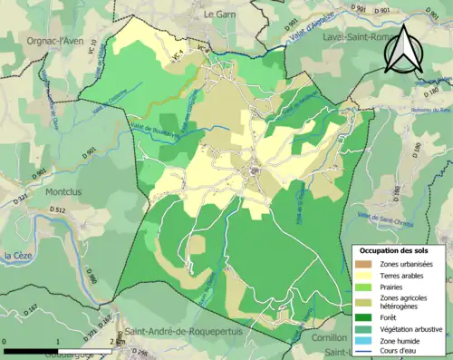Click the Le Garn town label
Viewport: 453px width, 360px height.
219,15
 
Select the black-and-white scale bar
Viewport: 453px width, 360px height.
59,341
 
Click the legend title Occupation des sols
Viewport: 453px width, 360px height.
398,249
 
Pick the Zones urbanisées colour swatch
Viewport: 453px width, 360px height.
362,263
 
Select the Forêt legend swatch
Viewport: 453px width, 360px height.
362,317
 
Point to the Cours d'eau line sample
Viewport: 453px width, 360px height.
362,352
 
